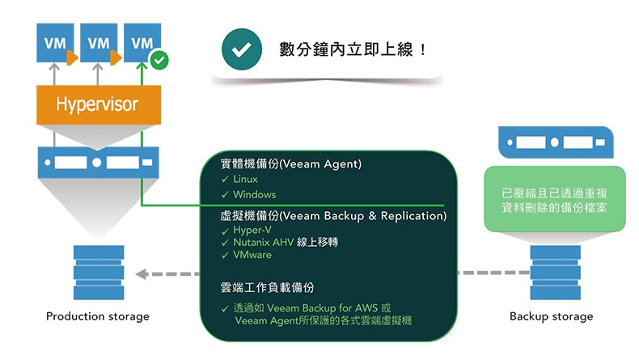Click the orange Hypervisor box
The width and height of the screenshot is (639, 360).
pos(97,104)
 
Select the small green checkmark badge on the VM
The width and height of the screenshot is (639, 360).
pos(159,59)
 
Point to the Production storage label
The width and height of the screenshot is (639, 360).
pos(97,316)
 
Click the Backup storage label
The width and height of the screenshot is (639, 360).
pos(551,316)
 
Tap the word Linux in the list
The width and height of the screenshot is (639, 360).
pos(245,179)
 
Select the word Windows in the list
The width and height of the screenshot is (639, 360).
pos(254,194)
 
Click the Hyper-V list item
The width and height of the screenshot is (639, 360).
pos(251,231)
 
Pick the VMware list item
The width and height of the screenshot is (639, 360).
pos(252,255)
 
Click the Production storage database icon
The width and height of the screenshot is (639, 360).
pos(98,272)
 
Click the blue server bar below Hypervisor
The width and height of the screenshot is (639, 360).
pos(97,162)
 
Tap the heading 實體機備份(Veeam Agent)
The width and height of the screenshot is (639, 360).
pos(290,163)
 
